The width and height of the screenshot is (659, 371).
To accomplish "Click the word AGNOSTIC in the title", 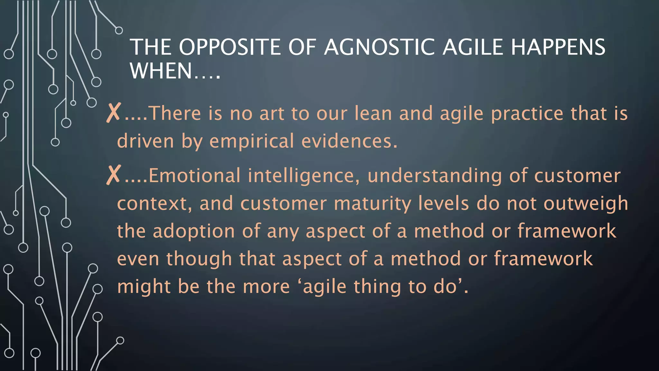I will tap(380, 47).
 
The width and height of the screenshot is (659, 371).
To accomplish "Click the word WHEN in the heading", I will tap(161, 71).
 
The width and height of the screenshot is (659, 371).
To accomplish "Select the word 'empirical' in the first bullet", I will tap(252, 141).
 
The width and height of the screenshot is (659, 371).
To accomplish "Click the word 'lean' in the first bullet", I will tap(373, 113).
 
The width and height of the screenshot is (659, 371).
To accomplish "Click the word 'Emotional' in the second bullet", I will tap(194, 176).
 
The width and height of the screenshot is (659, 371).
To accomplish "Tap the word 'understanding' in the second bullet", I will tap(435, 176).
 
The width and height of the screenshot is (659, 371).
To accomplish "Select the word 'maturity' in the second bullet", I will tap(372, 204).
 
